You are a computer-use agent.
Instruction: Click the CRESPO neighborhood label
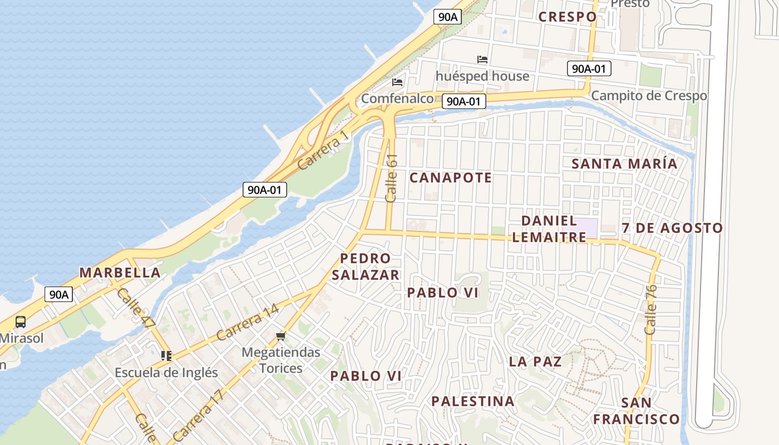[568, 17]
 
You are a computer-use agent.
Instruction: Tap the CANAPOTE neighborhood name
[451, 177]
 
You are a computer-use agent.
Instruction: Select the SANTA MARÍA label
[624, 164]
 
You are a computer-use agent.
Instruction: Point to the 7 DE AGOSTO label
[672, 228]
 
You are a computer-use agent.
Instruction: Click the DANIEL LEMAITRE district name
[549, 229]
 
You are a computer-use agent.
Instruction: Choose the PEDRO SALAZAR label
[366, 266]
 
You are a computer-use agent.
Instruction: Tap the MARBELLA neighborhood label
[120, 273]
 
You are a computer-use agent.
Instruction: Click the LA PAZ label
[535, 362]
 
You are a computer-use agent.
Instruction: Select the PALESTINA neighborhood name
[472, 401]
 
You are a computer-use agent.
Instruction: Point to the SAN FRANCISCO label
[636, 411]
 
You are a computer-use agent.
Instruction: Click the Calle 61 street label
[392, 178]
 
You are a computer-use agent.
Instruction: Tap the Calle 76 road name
[651, 309]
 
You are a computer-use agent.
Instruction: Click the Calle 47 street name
[136, 308]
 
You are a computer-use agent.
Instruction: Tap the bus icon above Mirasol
[21, 322]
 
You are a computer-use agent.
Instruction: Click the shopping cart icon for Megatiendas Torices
[281, 336]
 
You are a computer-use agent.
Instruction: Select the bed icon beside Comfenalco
[397, 82]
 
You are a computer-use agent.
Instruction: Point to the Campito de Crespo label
[649, 96]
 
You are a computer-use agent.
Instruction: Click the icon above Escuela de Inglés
[166, 355]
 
